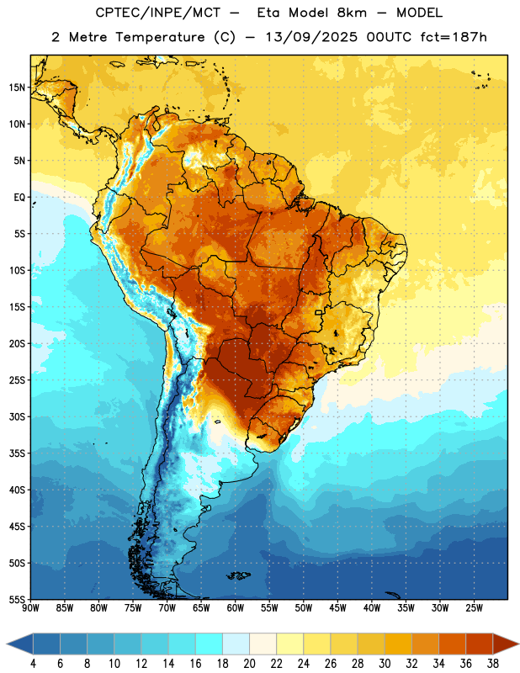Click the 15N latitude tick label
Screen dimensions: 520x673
[x=17, y=87]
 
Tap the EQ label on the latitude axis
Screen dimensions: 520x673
[x=19, y=198]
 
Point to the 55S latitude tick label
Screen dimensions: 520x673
[x=17, y=599]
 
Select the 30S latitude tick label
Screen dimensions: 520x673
[x=17, y=416]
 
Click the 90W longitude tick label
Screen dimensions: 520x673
[x=30, y=607]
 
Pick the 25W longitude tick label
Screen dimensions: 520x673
[x=474, y=607]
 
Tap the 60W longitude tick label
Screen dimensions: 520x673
[x=236, y=607]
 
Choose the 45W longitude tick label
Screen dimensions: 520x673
[x=337, y=607]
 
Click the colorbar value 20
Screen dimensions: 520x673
[x=249, y=664]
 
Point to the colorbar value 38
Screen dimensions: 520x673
[x=493, y=664]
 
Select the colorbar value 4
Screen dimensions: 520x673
[x=33, y=664]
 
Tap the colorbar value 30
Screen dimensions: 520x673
[x=385, y=664]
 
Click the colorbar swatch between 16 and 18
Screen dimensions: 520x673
[x=209, y=644]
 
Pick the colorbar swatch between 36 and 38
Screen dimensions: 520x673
[x=480, y=644]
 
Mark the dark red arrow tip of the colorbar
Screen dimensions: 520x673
[x=518, y=644]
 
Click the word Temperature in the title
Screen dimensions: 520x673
[x=160, y=37]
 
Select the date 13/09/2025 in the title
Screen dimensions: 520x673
[x=311, y=37]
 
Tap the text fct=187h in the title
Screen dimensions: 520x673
[x=454, y=37]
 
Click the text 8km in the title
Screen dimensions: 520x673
[x=352, y=13]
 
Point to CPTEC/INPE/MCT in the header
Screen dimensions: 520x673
[x=157, y=13]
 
